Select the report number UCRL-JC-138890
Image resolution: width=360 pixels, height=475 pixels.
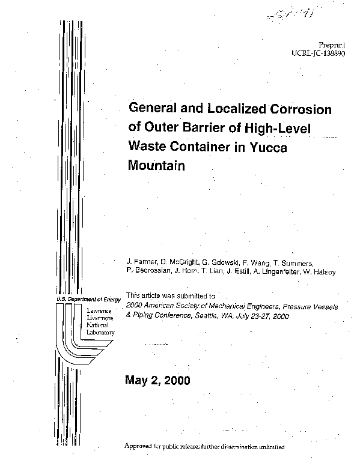point(322,53)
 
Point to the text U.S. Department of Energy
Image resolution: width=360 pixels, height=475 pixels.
point(87,298)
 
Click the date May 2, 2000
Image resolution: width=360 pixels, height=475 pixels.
point(157,380)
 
